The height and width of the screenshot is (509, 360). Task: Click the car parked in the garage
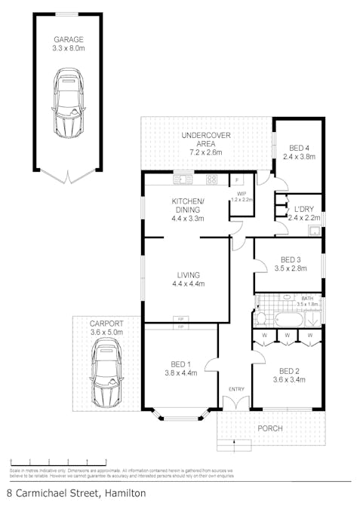[x=68, y=103]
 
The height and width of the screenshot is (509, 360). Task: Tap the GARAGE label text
[x=68, y=40]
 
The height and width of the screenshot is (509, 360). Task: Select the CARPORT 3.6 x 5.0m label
[x=106, y=327]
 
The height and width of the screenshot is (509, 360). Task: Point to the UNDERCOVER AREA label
[x=205, y=140]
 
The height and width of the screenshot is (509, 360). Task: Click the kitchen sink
[x=183, y=179]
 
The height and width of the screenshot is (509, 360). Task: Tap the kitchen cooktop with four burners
[x=212, y=179]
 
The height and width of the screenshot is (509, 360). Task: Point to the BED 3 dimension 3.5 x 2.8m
[x=288, y=268]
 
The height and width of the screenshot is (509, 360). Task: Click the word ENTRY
[x=237, y=389]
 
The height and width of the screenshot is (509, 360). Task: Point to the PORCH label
[x=270, y=428]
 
